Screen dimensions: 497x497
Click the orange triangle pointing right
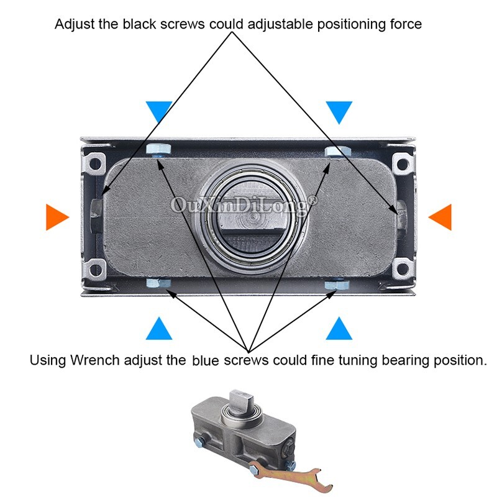(55, 217)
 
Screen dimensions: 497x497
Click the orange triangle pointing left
(442, 217)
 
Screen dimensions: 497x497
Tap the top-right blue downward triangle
(339, 111)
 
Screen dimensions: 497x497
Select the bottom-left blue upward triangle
(159, 330)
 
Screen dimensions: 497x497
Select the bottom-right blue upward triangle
(339, 330)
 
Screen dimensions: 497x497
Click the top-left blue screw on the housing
(158, 150)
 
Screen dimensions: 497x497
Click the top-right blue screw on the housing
(338, 151)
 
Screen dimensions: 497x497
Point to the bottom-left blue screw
(158, 283)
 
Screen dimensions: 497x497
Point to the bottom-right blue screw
(337, 284)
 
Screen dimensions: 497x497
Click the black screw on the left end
(96, 216)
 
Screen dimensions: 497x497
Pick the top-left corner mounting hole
(95, 165)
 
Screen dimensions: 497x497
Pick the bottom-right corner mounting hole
(402, 269)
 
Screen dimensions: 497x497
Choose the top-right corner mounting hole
(402, 165)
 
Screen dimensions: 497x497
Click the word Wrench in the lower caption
(95, 360)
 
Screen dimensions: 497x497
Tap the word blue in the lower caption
(206, 360)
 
